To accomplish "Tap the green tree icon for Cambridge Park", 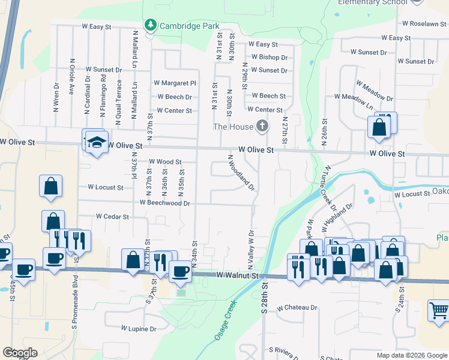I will [149, 25].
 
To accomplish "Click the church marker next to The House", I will [262, 126].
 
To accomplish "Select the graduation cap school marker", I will [96, 142].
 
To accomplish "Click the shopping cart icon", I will [439, 311].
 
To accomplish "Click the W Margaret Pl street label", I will [175, 83].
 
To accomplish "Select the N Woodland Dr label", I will [241, 173].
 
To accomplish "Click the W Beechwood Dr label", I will [164, 203].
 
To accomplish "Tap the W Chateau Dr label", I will [297, 308].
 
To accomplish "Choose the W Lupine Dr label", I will [139, 329].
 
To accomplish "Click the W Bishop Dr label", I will [270, 58].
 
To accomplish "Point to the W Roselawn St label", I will [424, 23].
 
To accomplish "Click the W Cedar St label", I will [112, 217].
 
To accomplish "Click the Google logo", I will [20, 353].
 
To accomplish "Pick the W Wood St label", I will [165, 162].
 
